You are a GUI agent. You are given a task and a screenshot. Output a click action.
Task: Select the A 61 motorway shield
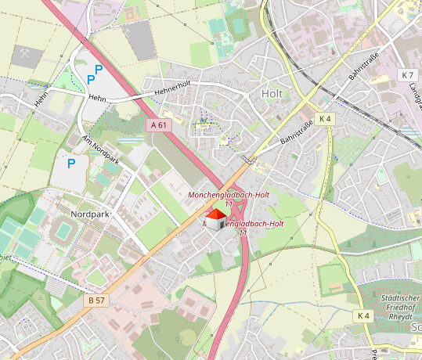[158, 124]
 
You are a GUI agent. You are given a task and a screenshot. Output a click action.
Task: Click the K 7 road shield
[406, 75]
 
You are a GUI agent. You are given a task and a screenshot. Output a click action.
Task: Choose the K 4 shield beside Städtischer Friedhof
[362, 315]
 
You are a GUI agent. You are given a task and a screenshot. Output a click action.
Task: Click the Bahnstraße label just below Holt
[297, 128]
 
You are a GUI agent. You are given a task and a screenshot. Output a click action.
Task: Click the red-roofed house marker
[216, 219]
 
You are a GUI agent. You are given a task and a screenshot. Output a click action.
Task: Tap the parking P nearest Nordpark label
[71, 164]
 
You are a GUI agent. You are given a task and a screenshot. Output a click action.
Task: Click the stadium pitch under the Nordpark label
[63, 231]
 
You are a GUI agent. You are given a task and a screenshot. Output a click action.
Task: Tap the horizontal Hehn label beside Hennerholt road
[97, 99]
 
